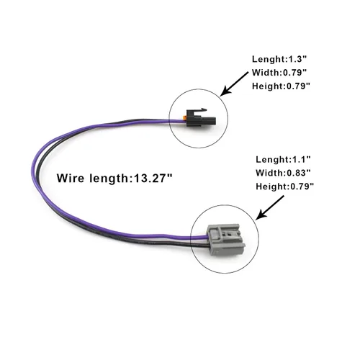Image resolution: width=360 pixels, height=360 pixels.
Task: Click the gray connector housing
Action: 226,240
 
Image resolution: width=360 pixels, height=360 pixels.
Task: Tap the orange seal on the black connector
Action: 184,117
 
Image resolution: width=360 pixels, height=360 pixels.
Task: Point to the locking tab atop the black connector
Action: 199,110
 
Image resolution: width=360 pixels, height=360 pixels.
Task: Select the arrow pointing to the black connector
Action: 234,84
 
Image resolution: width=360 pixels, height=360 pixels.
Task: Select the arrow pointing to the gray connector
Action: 270,207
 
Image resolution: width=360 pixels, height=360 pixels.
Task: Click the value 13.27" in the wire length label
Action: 153,178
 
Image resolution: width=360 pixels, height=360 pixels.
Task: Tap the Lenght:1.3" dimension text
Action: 279,59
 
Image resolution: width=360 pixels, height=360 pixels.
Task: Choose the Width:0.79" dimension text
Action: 279,73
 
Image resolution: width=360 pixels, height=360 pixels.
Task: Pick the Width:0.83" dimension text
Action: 283,173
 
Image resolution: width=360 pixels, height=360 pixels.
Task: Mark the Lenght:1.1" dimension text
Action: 283,159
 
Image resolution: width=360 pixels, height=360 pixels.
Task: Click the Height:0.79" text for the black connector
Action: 281,86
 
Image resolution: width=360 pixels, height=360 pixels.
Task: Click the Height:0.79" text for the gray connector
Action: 285,186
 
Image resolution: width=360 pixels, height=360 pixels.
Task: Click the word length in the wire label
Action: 109,179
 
